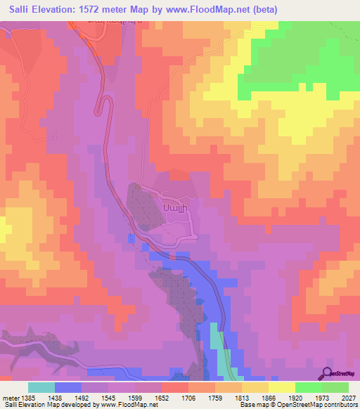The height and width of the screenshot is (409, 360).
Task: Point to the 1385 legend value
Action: click(x=28, y=398)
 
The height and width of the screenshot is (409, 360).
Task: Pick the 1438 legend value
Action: click(x=55, y=398)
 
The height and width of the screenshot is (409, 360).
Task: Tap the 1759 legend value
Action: click(x=215, y=398)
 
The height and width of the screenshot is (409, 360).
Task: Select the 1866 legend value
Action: click(x=269, y=398)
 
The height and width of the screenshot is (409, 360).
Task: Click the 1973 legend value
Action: click(x=322, y=398)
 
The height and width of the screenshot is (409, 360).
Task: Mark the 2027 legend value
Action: click(x=348, y=398)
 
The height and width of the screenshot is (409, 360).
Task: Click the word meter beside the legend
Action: click(x=9, y=398)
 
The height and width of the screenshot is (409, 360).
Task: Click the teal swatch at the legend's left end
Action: click(x=41, y=387)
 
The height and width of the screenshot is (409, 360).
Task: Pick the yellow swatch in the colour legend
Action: click(x=282, y=387)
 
